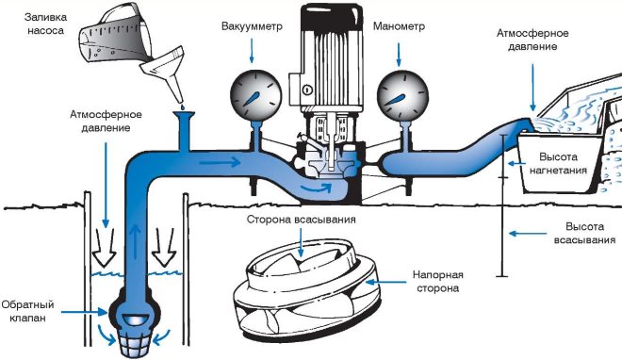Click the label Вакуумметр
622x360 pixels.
pyautogui.click(x=252, y=26)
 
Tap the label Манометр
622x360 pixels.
pyautogui.click(x=399, y=26)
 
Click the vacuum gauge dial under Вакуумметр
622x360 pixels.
pyautogui.click(x=256, y=95)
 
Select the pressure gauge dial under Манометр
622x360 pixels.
pyautogui.click(x=402, y=95)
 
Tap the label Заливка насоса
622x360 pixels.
pyautogui.click(x=45, y=24)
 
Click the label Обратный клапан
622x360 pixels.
pyautogui.click(x=27, y=311)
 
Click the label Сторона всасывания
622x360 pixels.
pyautogui.click(x=301, y=220)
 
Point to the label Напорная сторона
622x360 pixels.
pyautogui.click(x=438, y=282)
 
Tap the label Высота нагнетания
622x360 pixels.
pyautogui.click(x=558, y=163)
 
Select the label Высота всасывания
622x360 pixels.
pyautogui.click(x=584, y=234)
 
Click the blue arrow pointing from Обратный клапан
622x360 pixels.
pyautogui.click(x=84, y=312)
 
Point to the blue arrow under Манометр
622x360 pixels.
pyautogui.click(x=399, y=55)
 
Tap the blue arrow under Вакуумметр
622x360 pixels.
pyautogui.click(x=252, y=52)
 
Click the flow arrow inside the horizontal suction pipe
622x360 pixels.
pyautogui.click(x=220, y=162)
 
